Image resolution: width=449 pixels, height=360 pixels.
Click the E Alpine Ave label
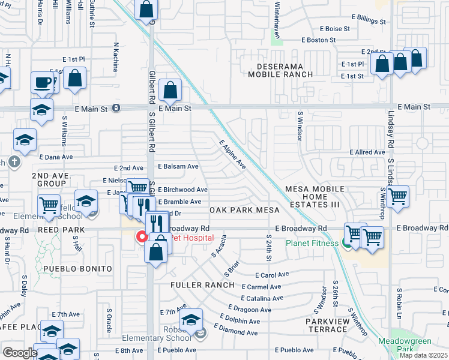click(232, 155)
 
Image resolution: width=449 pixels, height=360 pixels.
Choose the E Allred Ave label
click(367, 152)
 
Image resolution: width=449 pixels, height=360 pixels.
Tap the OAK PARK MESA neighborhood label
click(244, 210)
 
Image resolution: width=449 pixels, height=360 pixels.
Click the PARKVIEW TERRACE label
click(327, 326)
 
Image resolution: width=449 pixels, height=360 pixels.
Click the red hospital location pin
click(142, 236)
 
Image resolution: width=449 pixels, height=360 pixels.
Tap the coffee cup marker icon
click(43, 82)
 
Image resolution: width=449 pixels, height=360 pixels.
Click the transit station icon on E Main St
click(116, 109)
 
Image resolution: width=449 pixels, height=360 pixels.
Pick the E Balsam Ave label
click(178, 166)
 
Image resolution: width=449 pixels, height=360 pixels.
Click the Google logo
click(20, 353)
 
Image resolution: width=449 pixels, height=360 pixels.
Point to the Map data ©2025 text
click(423, 355)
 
